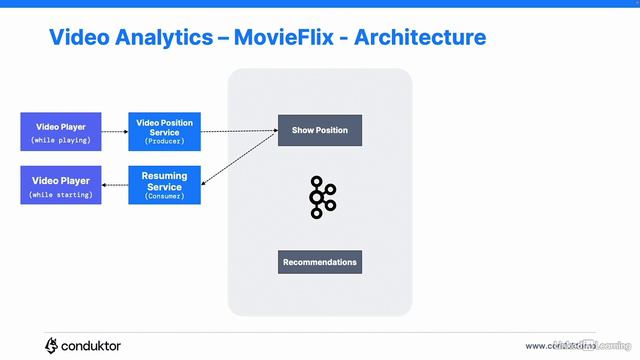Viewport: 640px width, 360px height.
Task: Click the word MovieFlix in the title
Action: tap(281, 38)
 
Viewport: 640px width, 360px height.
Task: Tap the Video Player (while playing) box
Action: tap(61, 132)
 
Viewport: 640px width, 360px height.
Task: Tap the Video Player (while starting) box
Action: tap(61, 186)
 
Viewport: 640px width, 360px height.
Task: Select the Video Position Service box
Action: tap(164, 131)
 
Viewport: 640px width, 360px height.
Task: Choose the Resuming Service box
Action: tap(164, 186)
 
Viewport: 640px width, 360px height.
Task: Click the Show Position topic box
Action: tap(319, 131)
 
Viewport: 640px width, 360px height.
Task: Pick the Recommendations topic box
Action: tap(319, 262)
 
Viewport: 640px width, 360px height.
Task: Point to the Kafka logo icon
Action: tap(321, 197)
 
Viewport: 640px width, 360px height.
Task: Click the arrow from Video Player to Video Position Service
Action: tap(114, 131)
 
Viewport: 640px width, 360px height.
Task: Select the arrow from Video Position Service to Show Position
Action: tap(239, 131)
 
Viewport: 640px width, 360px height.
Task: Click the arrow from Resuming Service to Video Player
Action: tap(114, 186)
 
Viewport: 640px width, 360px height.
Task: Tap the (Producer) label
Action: tap(164, 142)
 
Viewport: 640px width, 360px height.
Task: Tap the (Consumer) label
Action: tap(164, 197)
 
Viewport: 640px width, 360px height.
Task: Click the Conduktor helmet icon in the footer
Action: tap(51, 345)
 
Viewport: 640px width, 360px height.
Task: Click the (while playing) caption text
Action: tap(61, 140)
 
